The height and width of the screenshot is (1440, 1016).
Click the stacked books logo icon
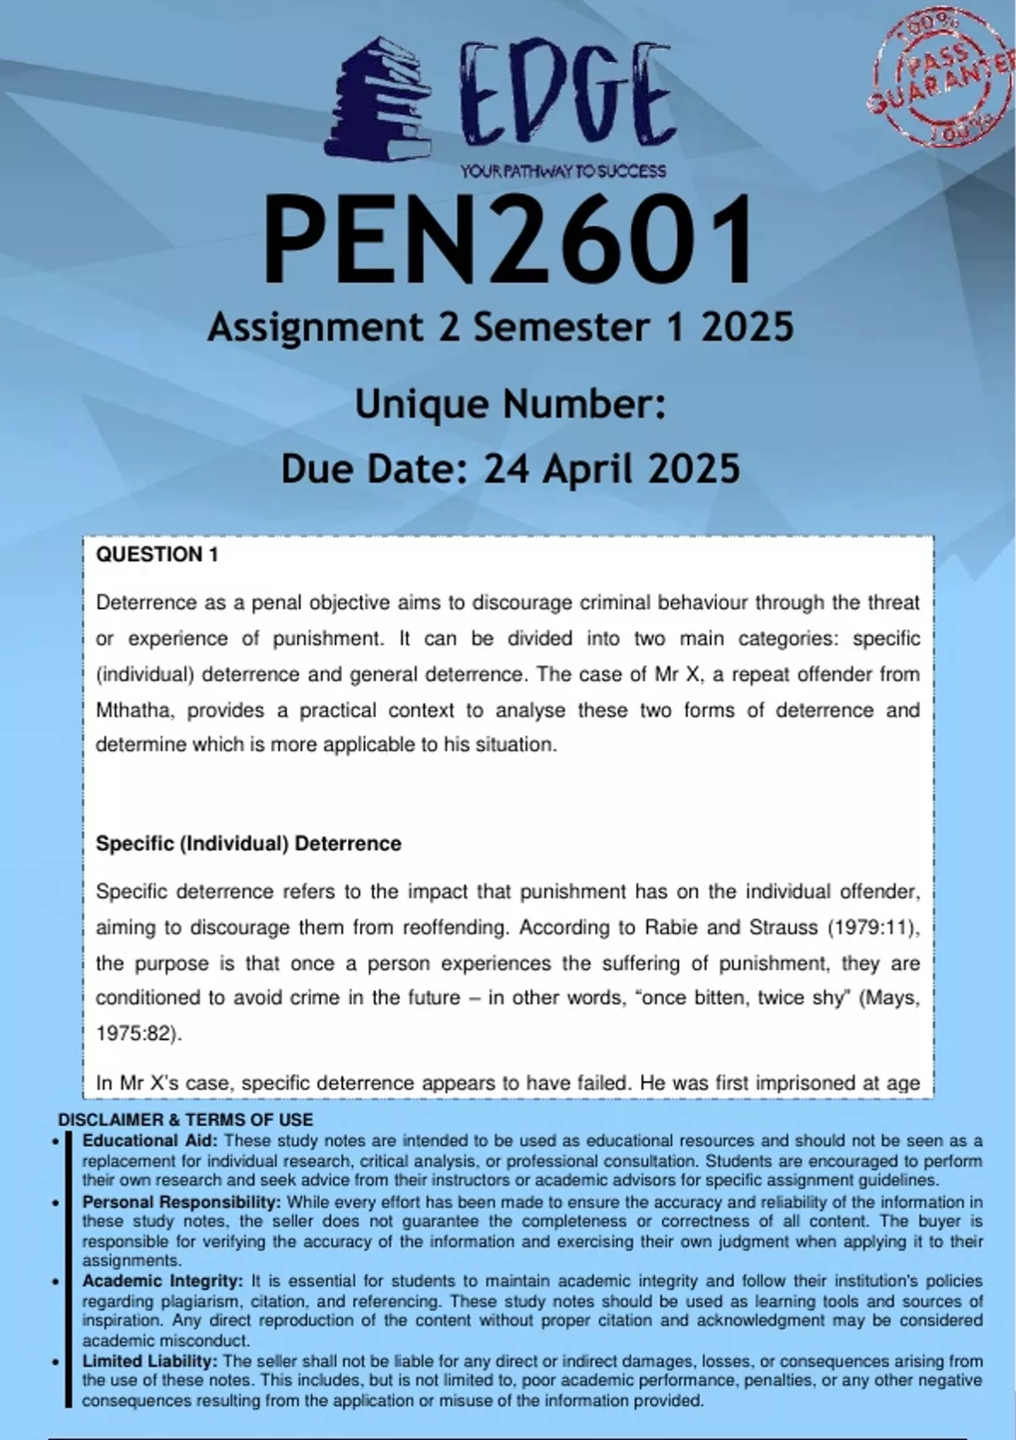pos(378,100)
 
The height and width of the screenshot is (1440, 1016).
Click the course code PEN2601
pos(508,239)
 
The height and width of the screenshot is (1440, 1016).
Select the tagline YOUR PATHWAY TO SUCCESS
pos(563,171)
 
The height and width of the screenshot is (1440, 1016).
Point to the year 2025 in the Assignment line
pos(747,328)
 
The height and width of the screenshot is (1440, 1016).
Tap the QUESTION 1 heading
pos(157,555)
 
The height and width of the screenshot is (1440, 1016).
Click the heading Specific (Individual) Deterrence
pos(248,844)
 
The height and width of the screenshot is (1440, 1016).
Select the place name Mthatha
pos(133,710)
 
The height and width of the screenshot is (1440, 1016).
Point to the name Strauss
pos(782,928)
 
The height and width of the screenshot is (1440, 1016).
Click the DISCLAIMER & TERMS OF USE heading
pos(185,1120)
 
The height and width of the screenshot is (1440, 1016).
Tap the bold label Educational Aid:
pos(150,1141)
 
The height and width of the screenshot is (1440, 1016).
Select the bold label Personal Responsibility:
pos(181,1202)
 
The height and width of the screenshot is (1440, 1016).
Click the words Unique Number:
pos(510,404)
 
